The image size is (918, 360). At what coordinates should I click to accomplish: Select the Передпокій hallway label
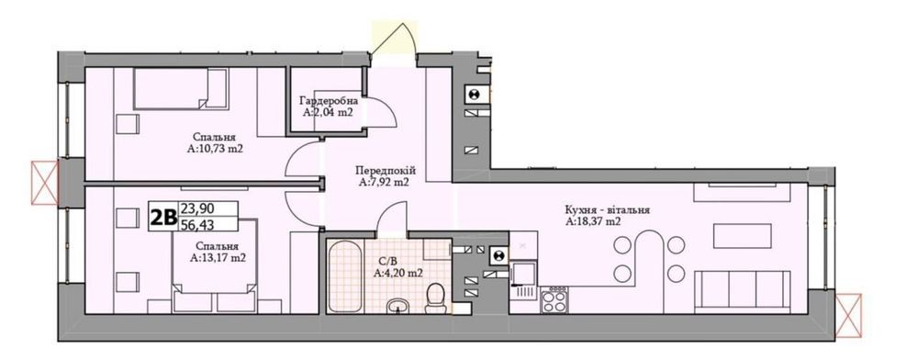coord(386,171)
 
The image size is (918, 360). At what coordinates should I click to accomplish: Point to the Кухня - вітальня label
coord(607,210)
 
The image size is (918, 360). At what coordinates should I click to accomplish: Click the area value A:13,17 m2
coord(218,257)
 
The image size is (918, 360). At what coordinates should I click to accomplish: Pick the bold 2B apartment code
coord(163,217)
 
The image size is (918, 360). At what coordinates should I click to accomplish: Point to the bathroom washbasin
coord(399,306)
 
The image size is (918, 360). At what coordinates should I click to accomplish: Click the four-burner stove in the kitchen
coord(554,301)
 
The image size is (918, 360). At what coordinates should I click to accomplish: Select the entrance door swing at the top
coord(394,39)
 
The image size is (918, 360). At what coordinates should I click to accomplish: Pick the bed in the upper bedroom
coord(180,89)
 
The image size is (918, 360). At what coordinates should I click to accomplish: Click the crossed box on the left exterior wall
coord(45,183)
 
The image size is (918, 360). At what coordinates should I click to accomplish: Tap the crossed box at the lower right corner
coord(848,315)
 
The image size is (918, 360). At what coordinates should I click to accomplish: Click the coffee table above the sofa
coord(742,236)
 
